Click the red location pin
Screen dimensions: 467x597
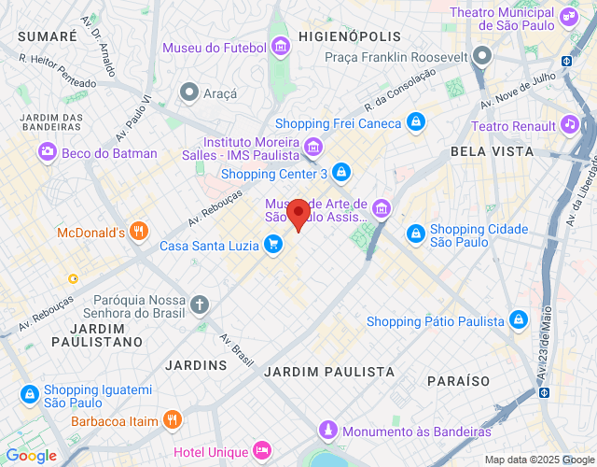pyautogui.click(x=298, y=215)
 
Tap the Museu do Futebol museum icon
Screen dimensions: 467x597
pyautogui.click(x=280, y=48)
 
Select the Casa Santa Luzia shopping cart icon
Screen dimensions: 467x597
pyautogui.click(x=273, y=245)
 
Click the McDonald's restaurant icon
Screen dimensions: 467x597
pyautogui.click(x=139, y=232)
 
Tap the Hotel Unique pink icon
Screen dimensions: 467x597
pyautogui.click(x=260, y=451)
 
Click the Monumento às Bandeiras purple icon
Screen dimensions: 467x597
pyautogui.click(x=327, y=431)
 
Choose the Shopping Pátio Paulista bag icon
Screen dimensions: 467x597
pyautogui.click(x=520, y=321)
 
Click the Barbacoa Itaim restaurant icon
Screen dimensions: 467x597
pyautogui.click(x=172, y=420)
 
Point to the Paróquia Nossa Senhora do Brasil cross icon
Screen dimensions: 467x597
pyautogui.click(x=200, y=304)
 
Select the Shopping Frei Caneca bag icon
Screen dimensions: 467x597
pyautogui.click(x=416, y=122)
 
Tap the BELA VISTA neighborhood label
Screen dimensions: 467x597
pyautogui.click(x=492, y=150)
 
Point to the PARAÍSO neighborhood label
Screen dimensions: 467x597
pyautogui.click(x=458, y=381)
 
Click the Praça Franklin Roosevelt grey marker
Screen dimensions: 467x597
pyautogui.click(x=481, y=57)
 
